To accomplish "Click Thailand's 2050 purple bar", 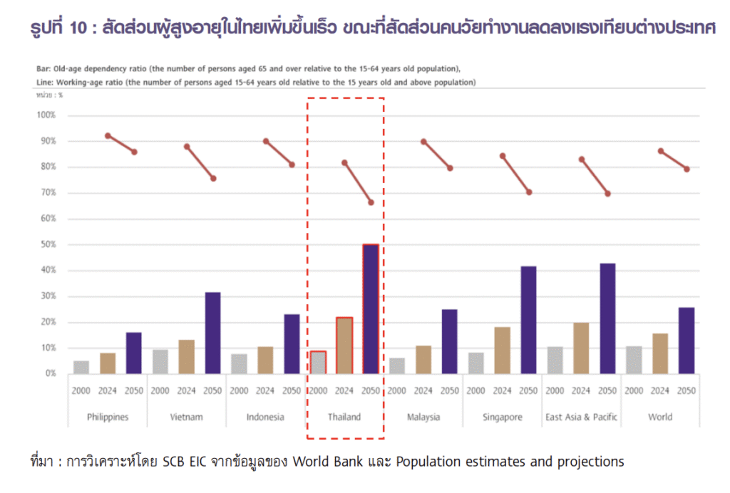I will pyautogui.click(x=371, y=309).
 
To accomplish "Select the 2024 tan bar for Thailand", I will pyautogui.click(x=344, y=346).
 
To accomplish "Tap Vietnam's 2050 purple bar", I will pyautogui.click(x=212, y=333).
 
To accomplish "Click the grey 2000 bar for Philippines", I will pyautogui.click(x=81, y=367).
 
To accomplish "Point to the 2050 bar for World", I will pyautogui.click(x=687, y=341).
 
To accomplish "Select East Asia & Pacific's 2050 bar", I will pyautogui.click(x=607, y=318).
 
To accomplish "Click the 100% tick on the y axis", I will pyautogui.click(x=46, y=115).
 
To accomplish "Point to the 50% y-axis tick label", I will pyautogui.click(x=48, y=245).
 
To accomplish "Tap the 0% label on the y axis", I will pyautogui.click(x=50, y=373).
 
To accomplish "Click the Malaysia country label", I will pyautogui.click(x=423, y=417).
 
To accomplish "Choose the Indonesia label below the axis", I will pyautogui.click(x=265, y=417).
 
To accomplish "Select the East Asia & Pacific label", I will pyautogui.click(x=581, y=417).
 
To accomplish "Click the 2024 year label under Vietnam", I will pyautogui.click(x=186, y=391).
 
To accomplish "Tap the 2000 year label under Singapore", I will pyautogui.click(x=476, y=391).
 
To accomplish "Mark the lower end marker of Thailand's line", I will pyautogui.click(x=371, y=202).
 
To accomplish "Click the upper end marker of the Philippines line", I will pyautogui.click(x=108, y=135).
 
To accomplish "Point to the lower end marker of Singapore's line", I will pyautogui.click(x=529, y=192).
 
